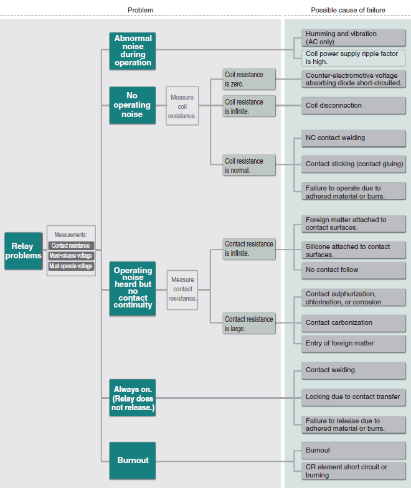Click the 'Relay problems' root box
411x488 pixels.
point(24,251)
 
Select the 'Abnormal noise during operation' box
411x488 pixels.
point(133,51)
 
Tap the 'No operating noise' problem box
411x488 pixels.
point(133,105)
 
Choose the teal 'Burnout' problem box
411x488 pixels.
point(133,461)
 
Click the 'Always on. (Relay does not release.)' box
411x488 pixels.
point(133,398)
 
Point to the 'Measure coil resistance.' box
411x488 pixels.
point(182,106)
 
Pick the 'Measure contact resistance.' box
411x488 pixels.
point(182,290)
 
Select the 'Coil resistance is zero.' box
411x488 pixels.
point(249,79)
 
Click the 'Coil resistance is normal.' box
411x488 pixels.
point(249,166)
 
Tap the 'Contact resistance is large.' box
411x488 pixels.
point(249,324)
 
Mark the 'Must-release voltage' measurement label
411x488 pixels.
point(71,256)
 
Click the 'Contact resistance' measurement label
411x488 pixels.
point(71,245)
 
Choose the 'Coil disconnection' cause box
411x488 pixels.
point(354,106)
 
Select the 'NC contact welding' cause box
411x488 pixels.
point(354,138)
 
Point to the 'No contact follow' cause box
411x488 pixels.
point(354,270)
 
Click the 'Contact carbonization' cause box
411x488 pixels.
point(354,323)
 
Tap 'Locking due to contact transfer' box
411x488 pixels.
point(354,397)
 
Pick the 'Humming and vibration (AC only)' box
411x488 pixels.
point(354,37)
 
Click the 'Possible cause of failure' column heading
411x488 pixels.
point(348,10)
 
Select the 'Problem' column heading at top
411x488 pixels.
point(141,10)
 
